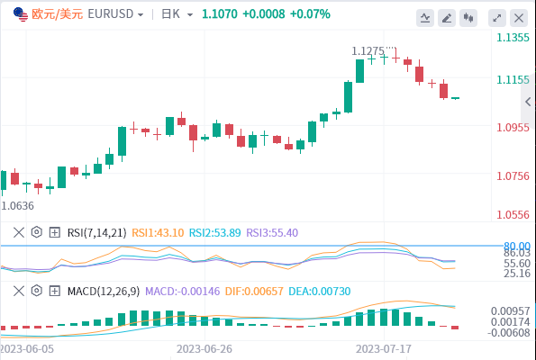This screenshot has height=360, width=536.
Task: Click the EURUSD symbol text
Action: point(111,14)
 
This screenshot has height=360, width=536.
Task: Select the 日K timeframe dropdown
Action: point(177,14)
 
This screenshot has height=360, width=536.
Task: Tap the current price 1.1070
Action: point(220,14)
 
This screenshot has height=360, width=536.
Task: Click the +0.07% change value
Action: point(310,14)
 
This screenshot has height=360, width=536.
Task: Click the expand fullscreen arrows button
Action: point(497,18)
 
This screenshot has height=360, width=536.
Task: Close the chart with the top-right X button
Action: point(519,18)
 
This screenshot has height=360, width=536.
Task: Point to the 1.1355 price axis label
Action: point(513,37)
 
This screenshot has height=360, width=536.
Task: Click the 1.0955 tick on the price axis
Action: point(513,128)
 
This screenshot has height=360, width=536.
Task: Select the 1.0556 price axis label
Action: point(513,214)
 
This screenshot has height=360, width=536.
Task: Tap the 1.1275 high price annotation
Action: point(368,51)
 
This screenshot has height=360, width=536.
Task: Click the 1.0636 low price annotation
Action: point(18,205)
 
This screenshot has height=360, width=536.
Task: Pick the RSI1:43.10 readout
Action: point(158,232)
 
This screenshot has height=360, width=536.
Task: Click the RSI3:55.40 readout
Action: point(272,232)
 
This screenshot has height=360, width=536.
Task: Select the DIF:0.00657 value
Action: point(254,292)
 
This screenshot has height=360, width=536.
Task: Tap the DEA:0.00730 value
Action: point(320,292)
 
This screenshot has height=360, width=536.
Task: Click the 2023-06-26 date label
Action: point(204,349)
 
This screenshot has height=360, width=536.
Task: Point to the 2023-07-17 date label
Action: point(384,349)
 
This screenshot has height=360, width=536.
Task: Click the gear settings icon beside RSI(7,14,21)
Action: point(37,232)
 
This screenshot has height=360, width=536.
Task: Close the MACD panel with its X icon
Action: point(19,291)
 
